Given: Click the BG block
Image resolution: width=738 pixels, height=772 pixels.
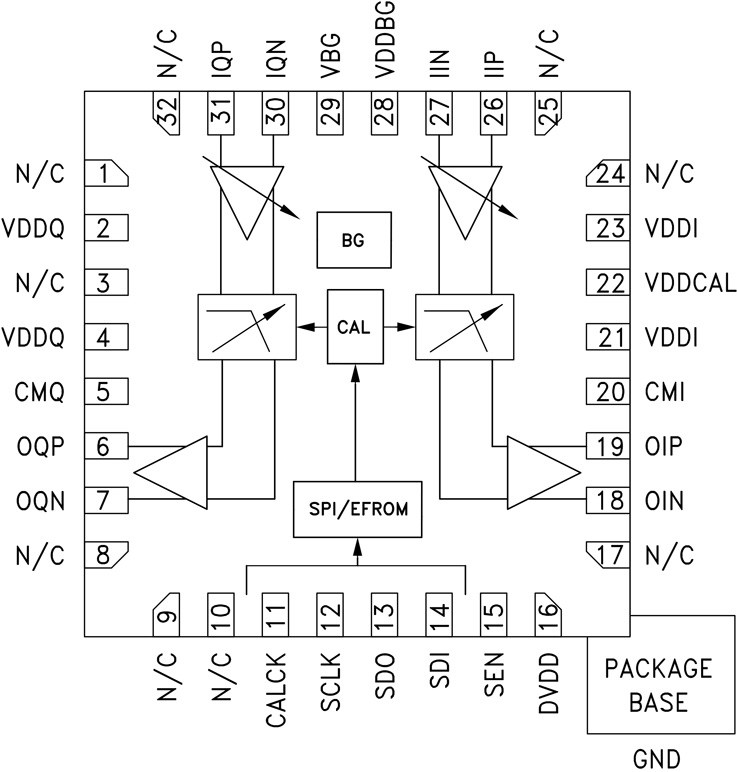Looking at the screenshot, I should (x=353, y=240).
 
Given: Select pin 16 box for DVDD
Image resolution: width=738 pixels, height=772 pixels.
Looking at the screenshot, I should (x=547, y=611).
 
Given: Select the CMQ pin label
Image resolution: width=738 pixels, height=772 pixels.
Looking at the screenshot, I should (x=40, y=392).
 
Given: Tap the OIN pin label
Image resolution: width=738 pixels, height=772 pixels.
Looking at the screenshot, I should (x=665, y=500).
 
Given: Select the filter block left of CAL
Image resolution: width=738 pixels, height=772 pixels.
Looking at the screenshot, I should (x=247, y=326).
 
